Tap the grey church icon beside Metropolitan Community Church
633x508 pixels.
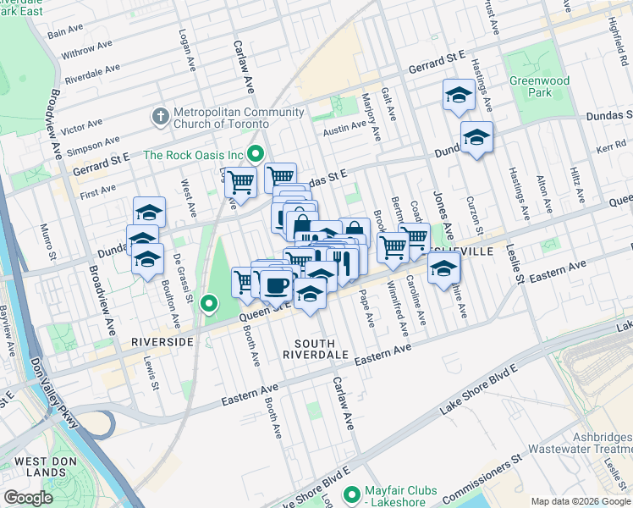click(x=159, y=115)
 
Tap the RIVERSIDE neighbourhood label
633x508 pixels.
click(x=162, y=341)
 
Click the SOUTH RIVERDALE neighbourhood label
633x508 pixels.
click(x=321, y=350)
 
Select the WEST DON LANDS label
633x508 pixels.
click(x=40, y=467)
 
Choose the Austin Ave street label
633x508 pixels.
click(x=344, y=130)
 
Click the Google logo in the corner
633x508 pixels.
click(x=29, y=498)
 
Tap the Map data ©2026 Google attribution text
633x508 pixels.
click(x=580, y=501)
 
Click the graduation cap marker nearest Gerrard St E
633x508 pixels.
click(x=458, y=95)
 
